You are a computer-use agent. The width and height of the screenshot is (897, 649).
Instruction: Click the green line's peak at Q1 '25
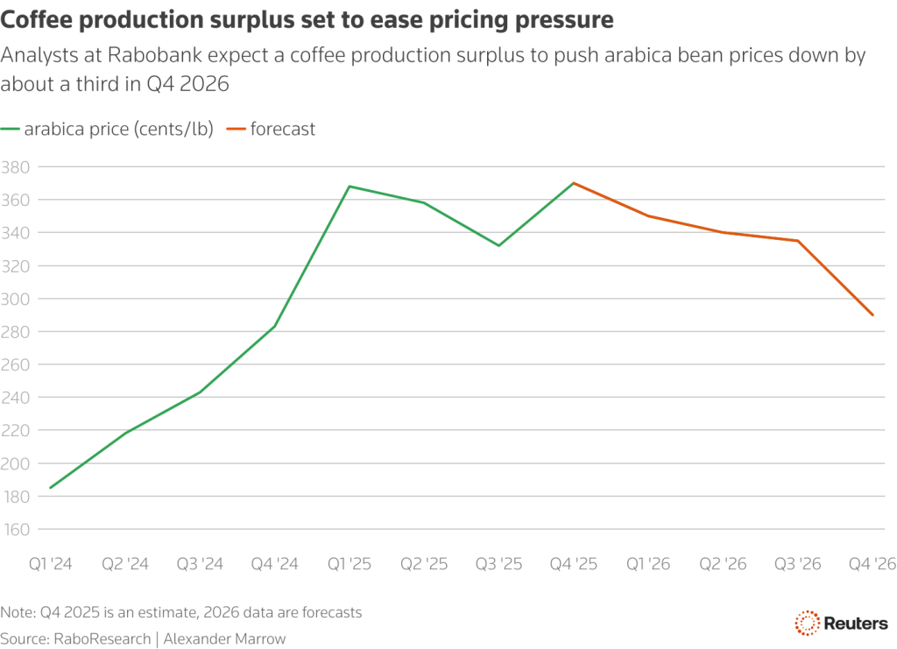coord(350,186)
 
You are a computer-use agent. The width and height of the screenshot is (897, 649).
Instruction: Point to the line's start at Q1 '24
coord(50,488)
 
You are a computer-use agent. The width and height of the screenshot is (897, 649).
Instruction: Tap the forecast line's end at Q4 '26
coord(872,315)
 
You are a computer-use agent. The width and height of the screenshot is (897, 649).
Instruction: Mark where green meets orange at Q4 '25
coord(574,183)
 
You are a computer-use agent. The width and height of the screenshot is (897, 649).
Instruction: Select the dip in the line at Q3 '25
coord(498,245)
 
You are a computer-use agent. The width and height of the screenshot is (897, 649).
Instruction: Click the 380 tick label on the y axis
coord(16,166)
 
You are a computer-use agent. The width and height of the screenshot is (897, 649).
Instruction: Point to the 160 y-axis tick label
coord(16,530)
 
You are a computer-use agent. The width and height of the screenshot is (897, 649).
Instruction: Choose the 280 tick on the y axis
coord(16,332)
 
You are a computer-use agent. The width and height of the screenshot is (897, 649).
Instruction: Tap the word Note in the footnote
coord(18,612)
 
